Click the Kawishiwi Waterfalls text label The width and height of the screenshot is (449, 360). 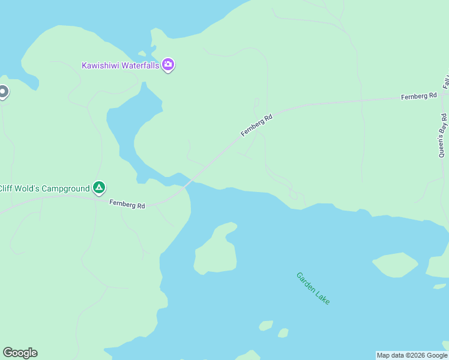121,65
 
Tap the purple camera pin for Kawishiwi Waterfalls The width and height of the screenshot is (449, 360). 168,65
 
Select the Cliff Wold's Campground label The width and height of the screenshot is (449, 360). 44,188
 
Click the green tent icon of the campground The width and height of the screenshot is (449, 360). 99,188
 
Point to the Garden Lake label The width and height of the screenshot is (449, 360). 313,288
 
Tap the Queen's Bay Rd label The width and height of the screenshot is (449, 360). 443,134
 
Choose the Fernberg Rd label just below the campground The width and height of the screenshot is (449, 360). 127,205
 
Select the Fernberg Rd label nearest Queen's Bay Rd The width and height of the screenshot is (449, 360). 419,96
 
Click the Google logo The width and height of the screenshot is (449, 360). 20,353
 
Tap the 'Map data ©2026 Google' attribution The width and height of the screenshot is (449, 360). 412,355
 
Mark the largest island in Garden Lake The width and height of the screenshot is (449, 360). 215,250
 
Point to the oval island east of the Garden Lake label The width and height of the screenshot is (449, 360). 395,265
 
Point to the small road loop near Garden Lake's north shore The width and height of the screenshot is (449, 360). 293,194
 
